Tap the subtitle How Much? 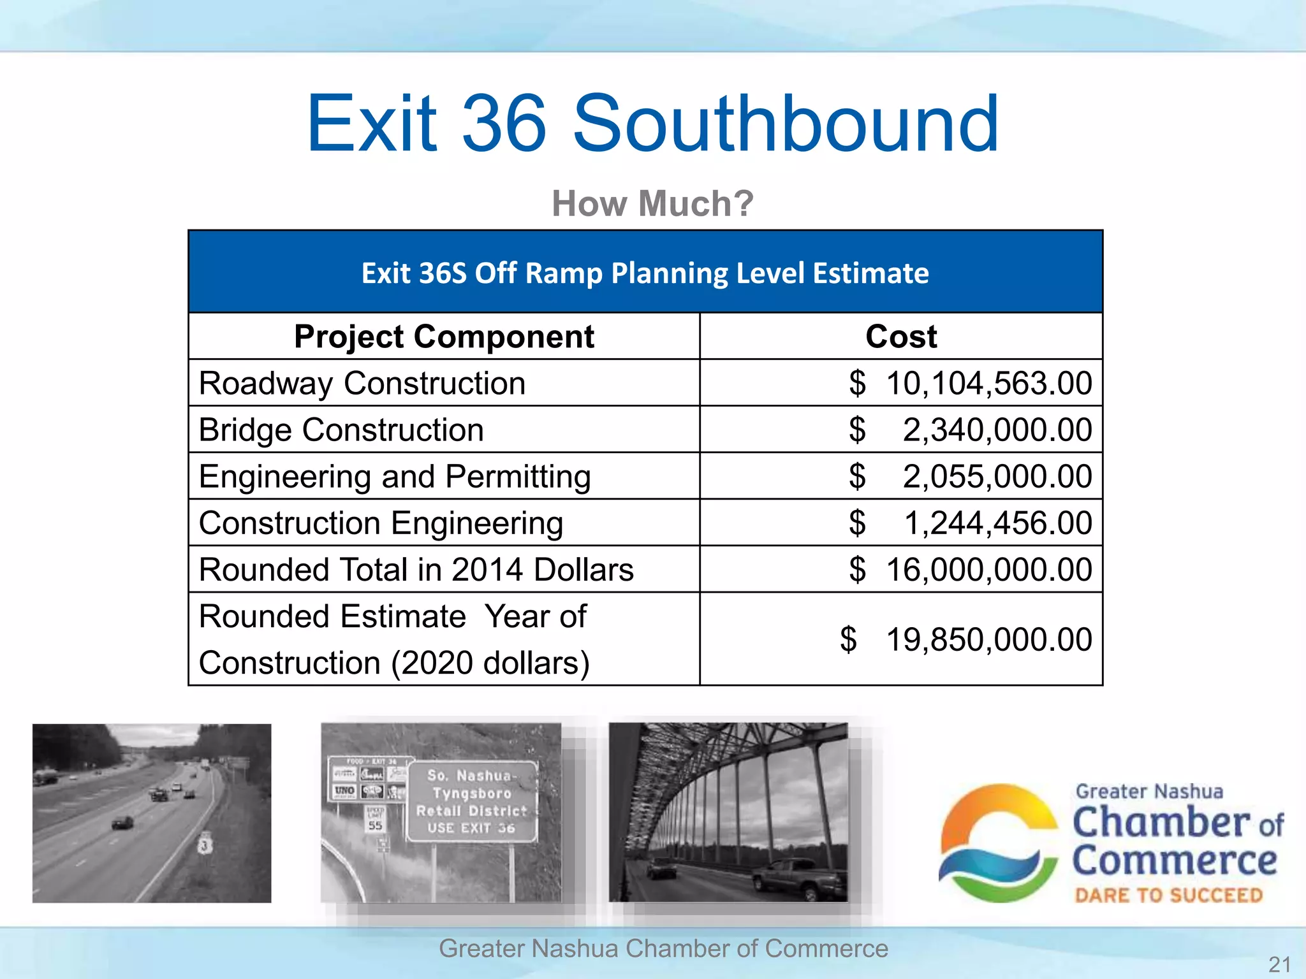652,203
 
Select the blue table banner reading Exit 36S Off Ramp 645,273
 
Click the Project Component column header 444,337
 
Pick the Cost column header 900,337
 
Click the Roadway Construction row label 362,384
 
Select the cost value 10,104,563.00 988,384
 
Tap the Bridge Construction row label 341,430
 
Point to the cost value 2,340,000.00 996,430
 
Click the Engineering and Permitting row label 395,477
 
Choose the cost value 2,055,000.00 996,477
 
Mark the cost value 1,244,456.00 997,523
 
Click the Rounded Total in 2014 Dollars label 416,570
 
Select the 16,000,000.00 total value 988,570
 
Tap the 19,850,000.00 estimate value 988,639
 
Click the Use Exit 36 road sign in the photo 472,802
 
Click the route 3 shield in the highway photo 204,845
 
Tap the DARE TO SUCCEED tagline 1168,896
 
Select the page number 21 1279,964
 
